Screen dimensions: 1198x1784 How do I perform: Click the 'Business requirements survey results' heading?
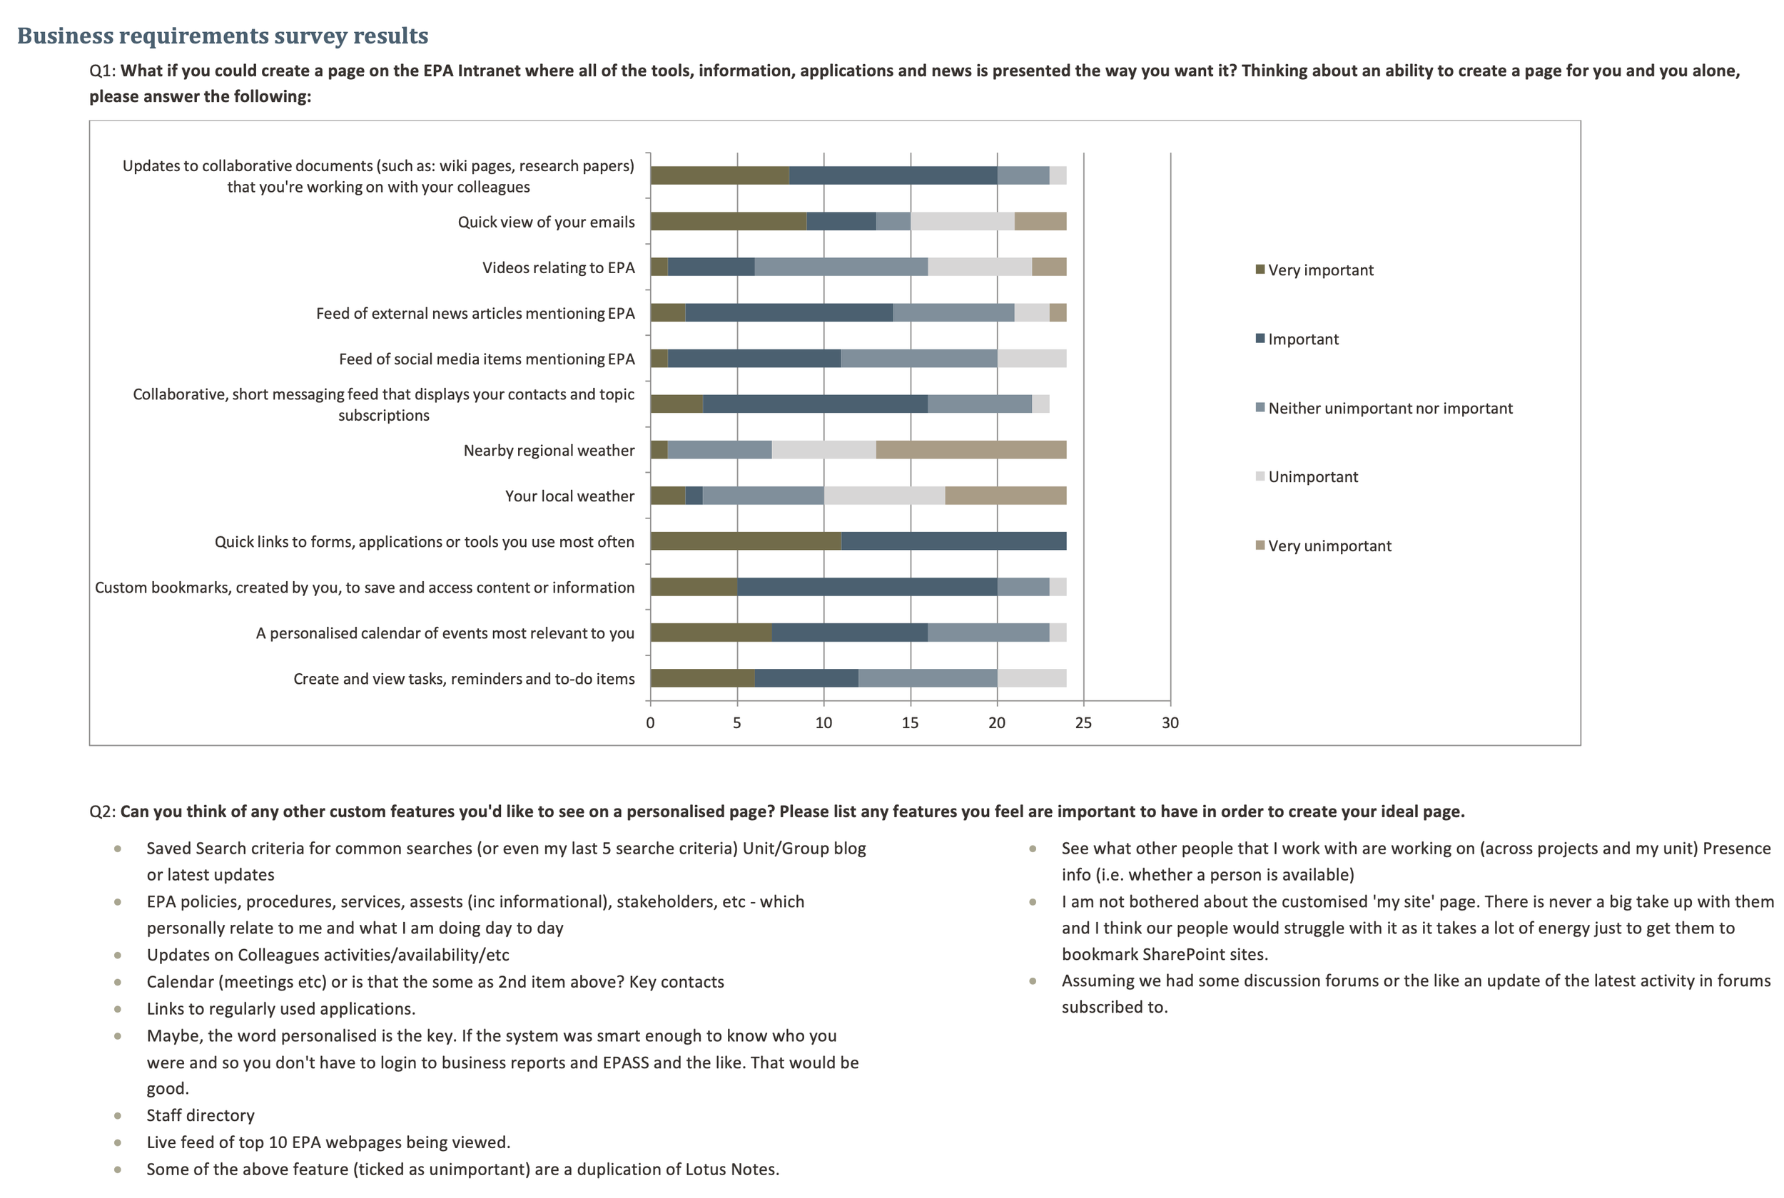coord(223,36)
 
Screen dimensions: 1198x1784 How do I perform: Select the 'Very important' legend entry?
coord(1320,270)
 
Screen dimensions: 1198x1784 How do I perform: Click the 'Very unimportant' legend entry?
coord(1329,546)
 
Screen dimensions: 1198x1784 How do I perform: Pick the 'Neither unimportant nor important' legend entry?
coord(1389,409)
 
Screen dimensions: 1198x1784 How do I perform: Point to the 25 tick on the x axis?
coord(1083,723)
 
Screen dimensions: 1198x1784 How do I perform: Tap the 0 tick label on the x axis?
coord(651,723)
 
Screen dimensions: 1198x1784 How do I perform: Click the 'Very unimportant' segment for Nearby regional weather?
coord(970,450)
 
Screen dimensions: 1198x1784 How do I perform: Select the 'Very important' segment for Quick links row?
coord(745,542)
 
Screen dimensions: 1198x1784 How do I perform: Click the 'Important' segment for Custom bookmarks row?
coord(867,588)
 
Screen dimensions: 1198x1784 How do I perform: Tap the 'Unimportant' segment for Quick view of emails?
coord(963,222)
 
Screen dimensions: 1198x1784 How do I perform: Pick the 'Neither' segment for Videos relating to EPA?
coord(841,267)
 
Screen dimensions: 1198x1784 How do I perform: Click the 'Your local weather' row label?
coord(569,496)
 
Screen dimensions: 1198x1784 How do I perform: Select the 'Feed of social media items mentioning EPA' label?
coord(486,359)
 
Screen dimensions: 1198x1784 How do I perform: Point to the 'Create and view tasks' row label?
coord(464,679)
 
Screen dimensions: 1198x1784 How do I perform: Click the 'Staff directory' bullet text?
coord(201,1115)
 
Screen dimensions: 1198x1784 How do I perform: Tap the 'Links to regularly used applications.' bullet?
coord(280,1008)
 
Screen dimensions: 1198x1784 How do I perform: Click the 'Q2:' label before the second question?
coord(103,812)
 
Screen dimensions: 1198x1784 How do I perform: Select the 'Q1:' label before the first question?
coord(103,71)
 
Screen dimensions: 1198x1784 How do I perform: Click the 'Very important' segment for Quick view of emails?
coord(729,222)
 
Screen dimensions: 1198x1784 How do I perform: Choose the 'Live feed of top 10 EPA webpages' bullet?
coord(328,1142)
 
